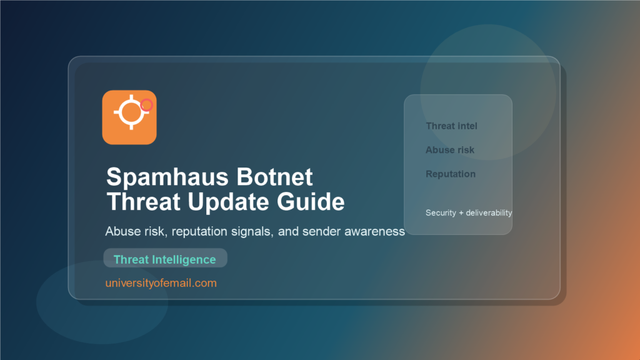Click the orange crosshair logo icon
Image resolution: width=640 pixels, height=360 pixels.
(129, 117)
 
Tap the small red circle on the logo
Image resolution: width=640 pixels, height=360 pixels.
(147, 105)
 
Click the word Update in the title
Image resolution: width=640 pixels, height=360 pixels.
(219, 202)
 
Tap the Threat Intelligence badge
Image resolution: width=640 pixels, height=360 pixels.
(165, 259)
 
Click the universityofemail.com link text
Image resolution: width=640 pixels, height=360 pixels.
(161, 283)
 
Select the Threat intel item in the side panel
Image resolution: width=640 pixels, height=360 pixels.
(451, 126)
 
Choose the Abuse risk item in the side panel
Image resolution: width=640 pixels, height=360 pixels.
(450, 150)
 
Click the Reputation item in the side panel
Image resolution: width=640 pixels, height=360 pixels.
(451, 174)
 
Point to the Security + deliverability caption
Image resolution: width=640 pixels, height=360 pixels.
(469, 212)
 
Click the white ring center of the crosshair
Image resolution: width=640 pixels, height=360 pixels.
(130, 112)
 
